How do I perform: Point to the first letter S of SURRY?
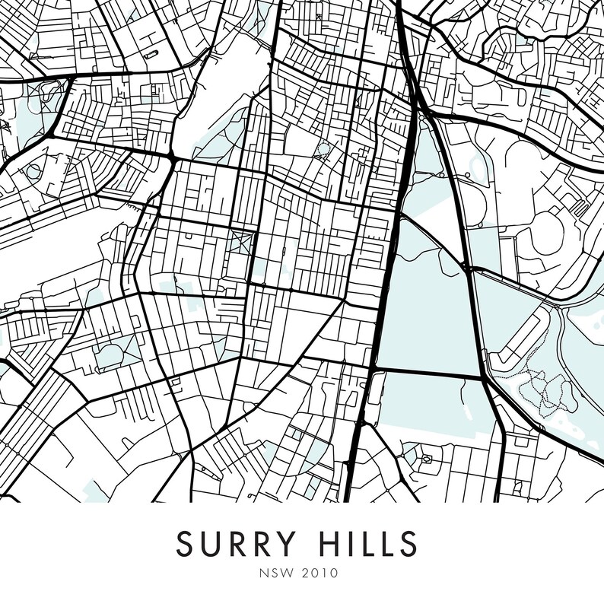185,544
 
